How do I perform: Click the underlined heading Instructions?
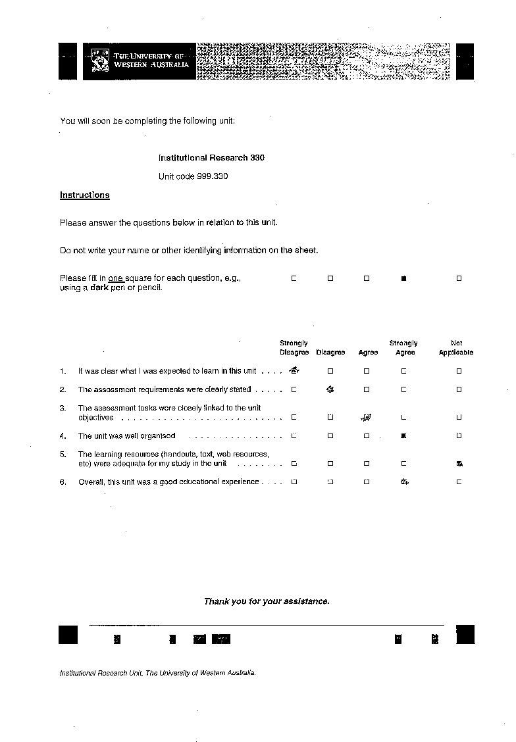pos(84,195)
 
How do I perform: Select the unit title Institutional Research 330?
pos(211,158)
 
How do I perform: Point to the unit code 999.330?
pos(193,176)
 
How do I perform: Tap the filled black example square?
pos(404,279)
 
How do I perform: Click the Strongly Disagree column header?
pos(294,348)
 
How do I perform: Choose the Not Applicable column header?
pos(456,348)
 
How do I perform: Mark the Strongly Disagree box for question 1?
pos(294,371)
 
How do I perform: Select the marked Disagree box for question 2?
pos(330,389)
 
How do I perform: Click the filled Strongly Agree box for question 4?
pos(404,435)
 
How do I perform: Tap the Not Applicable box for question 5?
pos(459,464)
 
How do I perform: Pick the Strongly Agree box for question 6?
pos(405,482)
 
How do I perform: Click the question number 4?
pos(63,436)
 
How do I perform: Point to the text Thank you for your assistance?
pos(267,601)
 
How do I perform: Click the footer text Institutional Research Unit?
pos(99,674)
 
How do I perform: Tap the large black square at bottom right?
pos(465,634)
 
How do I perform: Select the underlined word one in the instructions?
pos(116,279)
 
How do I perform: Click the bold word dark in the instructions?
pos(99,288)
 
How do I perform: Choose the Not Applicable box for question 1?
pos(459,371)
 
